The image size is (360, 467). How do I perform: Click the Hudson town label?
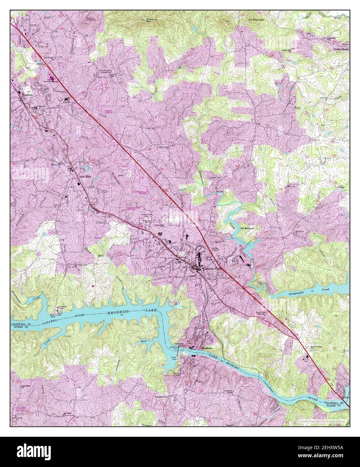tap(27, 95)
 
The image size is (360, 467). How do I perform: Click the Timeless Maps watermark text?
tap(322, 420)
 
